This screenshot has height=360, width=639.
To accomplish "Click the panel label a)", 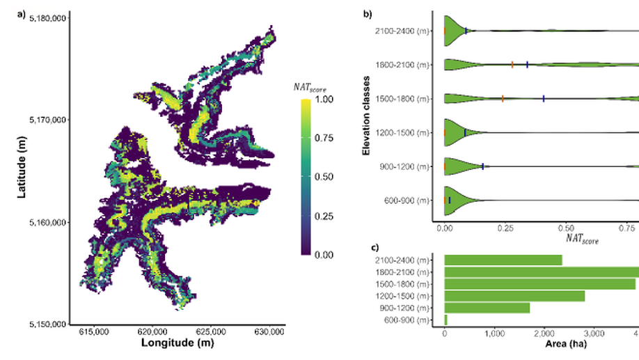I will pos(21,13).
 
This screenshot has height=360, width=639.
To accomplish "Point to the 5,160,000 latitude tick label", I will pos(46,223).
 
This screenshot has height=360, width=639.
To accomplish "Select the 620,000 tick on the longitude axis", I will pos(152,332).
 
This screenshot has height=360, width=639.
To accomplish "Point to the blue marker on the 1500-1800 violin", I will pos(544,98).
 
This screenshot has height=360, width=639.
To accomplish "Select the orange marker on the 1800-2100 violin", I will pos(512,64).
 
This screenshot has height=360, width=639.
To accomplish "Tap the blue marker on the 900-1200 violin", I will pos(482,166).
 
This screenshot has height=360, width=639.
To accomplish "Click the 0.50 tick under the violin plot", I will pos(566,227).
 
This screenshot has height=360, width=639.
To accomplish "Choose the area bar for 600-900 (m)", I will pos(446,320).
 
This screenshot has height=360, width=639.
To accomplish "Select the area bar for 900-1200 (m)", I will pos(487,308).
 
